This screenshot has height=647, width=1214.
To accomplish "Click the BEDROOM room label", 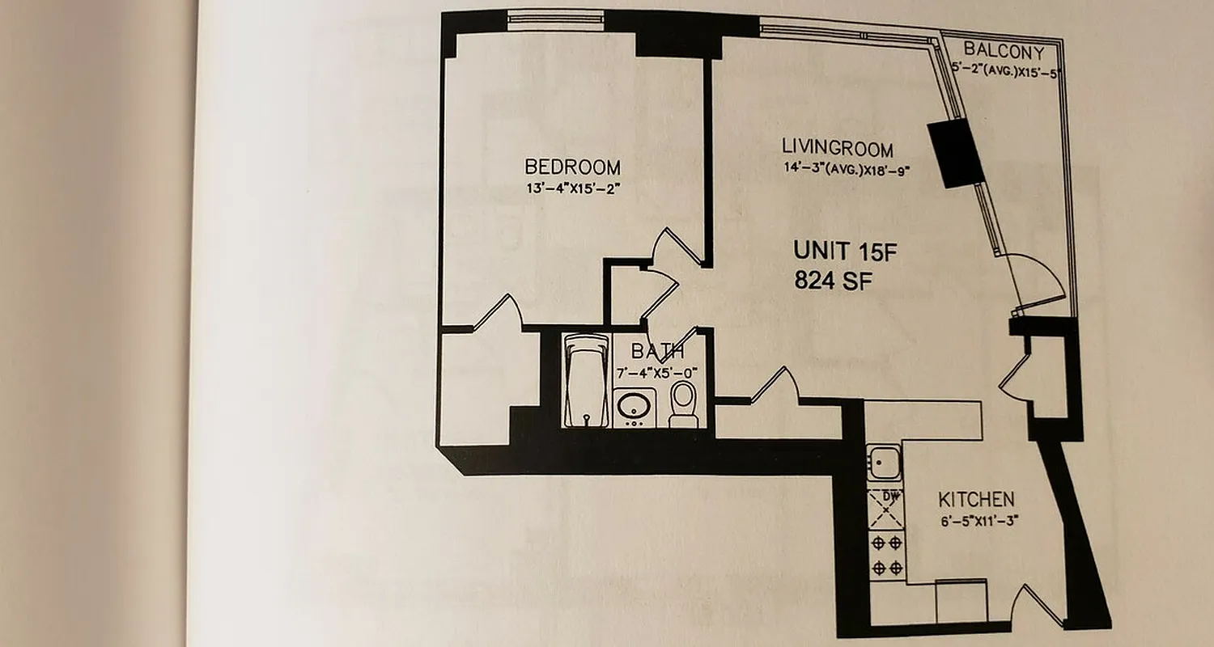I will tap(572, 167).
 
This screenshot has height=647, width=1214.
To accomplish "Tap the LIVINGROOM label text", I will tap(838, 149).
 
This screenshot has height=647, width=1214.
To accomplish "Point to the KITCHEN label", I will tap(976, 498).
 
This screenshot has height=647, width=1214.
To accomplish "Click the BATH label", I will tap(657, 352).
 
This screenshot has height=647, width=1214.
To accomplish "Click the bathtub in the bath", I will tap(585, 380).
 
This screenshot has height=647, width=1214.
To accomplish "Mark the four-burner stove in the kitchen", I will tap(886, 555).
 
